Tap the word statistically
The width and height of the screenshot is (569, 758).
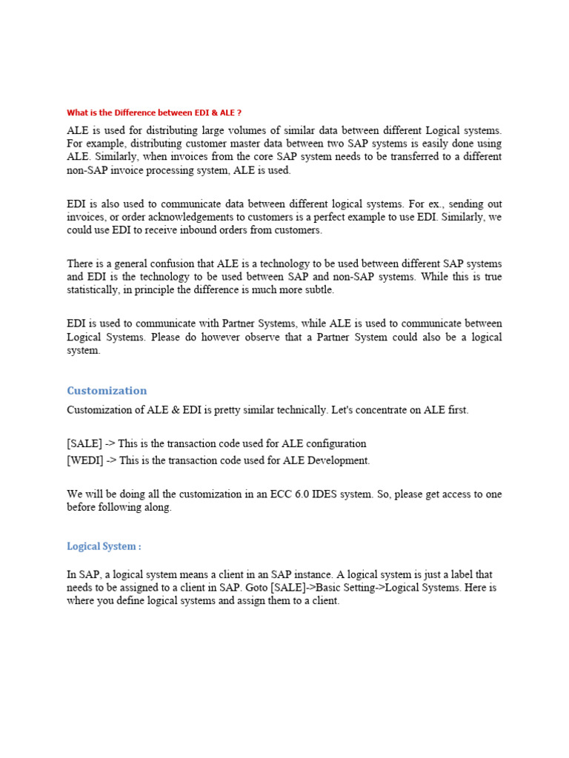click(x=93, y=290)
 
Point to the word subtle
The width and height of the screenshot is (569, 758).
click(x=318, y=290)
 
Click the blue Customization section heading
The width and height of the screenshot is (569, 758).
click(x=107, y=390)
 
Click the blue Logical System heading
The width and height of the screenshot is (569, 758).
click(x=103, y=546)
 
